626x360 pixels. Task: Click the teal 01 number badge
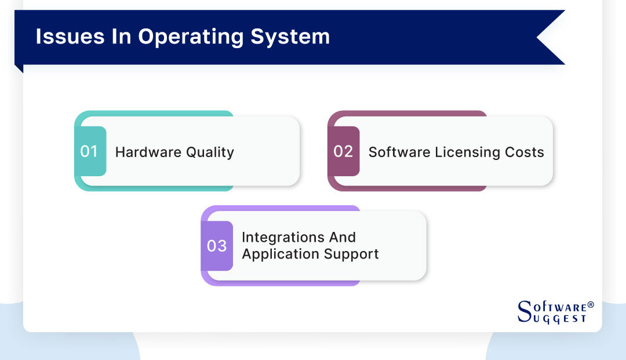[x=90, y=151]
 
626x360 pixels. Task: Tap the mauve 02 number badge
[x=343, y=151]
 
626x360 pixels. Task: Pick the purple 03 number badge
[x=217, y=246]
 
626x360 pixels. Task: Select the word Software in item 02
[x=395, y=152]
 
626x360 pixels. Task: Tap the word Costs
[x=528, y=152]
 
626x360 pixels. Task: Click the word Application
[x=276, y=254]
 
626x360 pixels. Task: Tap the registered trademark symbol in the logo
[x=591, y=304]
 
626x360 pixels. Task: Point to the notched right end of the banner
[x=548, y=37]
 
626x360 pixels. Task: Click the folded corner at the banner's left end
[x=19, y=68]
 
